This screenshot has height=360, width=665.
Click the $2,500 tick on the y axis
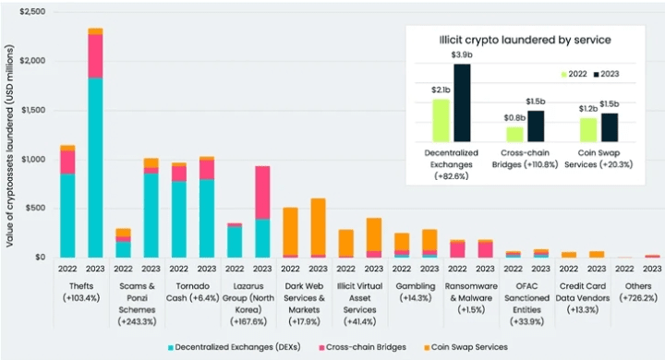coord(32,11)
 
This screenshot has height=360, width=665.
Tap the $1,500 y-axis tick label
coord(33,110)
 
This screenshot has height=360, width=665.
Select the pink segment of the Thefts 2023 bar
coord(95,56)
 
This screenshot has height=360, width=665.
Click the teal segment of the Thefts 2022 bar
coord(67,215)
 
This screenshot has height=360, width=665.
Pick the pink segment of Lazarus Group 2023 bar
coord(262,193)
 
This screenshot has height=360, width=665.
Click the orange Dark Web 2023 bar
coord(318,226)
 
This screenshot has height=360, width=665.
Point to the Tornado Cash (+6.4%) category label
coord(192,293)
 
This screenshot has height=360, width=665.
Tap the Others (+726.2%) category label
coord(638,293)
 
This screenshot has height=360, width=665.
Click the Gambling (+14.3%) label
coord(416,293)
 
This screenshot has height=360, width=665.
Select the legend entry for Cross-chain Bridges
coord(362,347)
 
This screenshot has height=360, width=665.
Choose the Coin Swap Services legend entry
coord(465,347)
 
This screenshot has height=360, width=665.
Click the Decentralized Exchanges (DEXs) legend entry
coord(234,347)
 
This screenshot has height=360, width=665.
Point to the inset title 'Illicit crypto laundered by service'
coord(525,40)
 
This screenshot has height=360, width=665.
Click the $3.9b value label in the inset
coord(462,54)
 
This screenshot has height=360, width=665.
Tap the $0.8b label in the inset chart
coord(514,118)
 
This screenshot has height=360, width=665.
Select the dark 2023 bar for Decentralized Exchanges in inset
coord(462,103)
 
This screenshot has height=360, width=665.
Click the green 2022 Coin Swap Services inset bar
coord(588,130)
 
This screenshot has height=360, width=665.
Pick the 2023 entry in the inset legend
coord(607,74)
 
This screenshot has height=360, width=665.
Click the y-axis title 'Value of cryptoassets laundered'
coord(10,146)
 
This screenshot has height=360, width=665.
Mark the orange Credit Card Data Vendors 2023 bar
coord(597,255)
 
